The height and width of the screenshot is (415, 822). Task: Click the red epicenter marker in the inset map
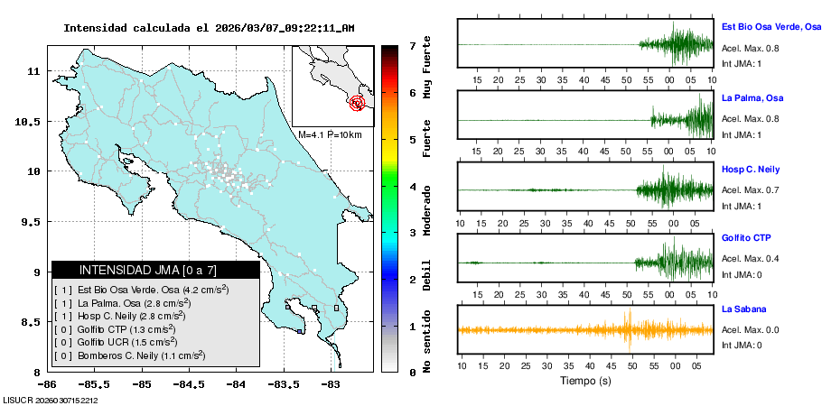[x=358, y=103]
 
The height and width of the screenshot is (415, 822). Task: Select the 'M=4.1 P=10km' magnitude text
[x=330, y=135]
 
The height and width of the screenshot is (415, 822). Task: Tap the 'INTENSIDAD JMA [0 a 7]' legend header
[x=148, y=270]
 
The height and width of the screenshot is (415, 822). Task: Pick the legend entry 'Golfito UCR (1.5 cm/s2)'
[x=127, y=342]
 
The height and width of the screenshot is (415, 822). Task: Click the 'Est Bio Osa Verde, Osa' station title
[x=771, y=28]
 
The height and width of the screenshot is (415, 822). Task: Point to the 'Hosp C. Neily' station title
[x=750, y=169]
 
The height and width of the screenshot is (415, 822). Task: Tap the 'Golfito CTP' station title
[x=746, y=238]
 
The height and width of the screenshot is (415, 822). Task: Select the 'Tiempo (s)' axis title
[x=585, y=380]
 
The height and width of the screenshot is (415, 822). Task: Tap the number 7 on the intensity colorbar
[x=411, y=45]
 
